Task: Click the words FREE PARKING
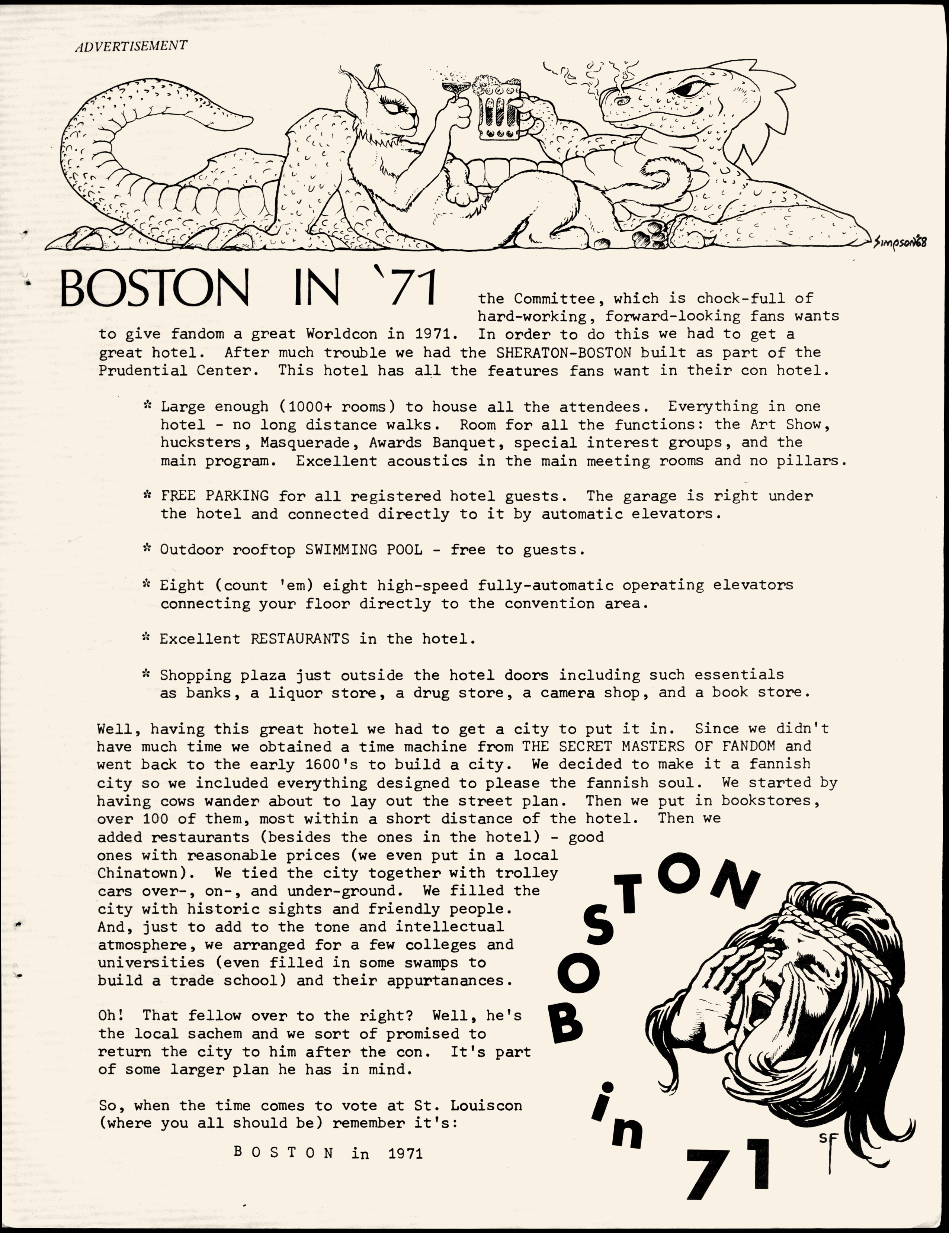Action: pos(215,496)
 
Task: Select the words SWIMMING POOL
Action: pos(364,549)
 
